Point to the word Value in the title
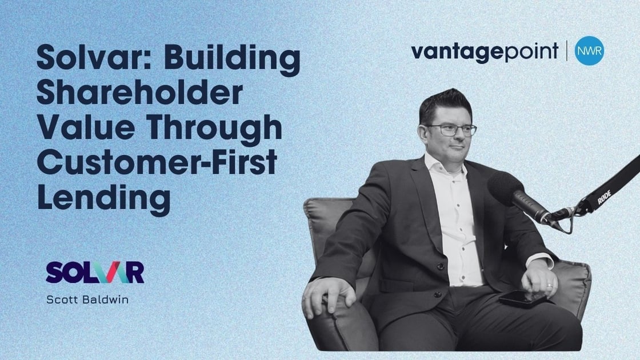point(86,127)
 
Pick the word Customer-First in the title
point(157,162)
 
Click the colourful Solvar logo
point(95,272)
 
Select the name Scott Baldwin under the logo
point(87,299)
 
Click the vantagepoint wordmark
point(485,52)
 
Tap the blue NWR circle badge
point(589,51)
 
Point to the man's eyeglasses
point(451,130)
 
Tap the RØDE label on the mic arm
point(604,197)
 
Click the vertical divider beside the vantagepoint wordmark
point(566,51)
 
